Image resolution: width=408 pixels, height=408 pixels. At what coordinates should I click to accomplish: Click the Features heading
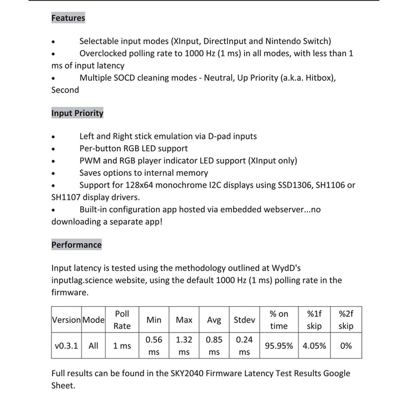(x=68, y=18)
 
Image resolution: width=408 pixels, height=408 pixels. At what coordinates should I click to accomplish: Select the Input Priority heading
(x=77, y=113)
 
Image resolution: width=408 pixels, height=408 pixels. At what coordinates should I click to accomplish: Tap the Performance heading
(x=76, y=245)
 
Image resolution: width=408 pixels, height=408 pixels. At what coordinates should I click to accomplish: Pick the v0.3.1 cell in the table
(x=66, y=346)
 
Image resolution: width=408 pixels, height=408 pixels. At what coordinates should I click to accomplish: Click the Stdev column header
(x=244, y=320)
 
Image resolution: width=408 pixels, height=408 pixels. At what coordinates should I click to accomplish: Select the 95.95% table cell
(x=279, y=346)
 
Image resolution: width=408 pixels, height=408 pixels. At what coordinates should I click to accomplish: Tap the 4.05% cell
(x=314, y=346)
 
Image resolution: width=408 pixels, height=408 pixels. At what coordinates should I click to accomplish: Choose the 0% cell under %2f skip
(x=346, y=346)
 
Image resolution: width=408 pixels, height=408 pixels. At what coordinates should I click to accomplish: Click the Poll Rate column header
(x=122, y=320)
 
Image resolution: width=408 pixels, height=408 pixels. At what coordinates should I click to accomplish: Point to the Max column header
(x=184, y=320)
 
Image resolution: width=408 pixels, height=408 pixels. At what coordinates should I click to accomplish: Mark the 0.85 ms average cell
(x=214, y=346)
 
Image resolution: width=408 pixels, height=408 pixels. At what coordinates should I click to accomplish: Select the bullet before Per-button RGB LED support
(x=53, y=149)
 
